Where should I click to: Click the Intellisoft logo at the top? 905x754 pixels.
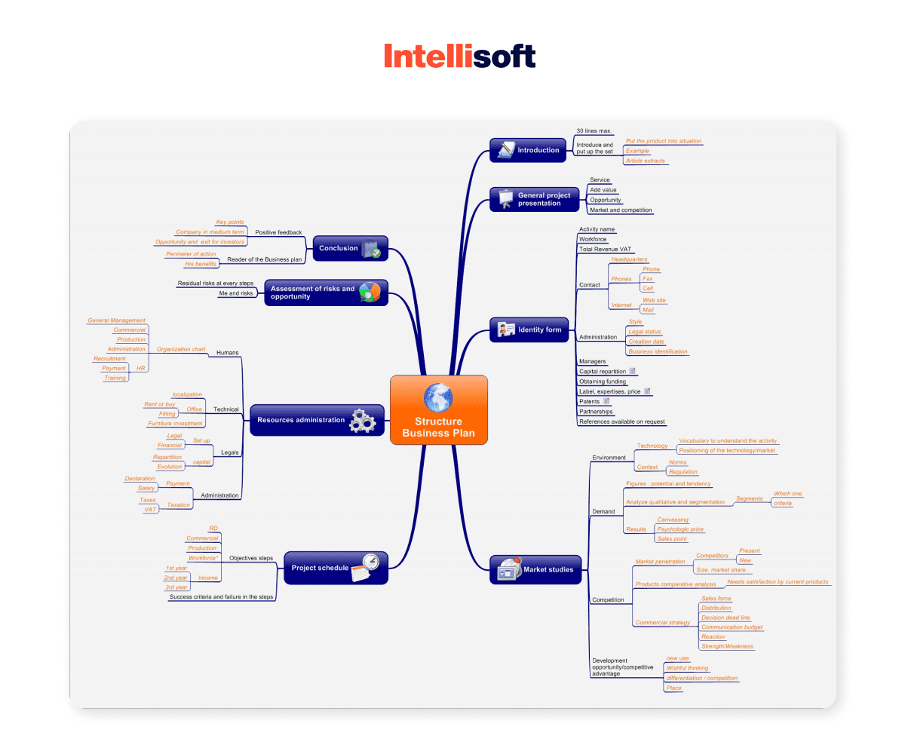[x=459, y=57]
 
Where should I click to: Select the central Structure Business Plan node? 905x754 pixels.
[x=439, y=410]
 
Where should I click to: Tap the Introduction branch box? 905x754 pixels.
[x=528, y=150]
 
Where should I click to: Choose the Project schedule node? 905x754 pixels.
[x=335, y=568]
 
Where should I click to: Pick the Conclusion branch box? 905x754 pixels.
[x=350, y=248]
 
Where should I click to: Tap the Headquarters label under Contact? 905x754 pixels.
[x=629, y=259]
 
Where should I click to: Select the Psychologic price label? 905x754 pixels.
[x=680, y=529]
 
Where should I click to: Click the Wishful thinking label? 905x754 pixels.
[x=687, y=668]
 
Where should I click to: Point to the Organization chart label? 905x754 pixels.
[x=181, y=349]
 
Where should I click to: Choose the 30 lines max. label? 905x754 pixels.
[x=594, y=131]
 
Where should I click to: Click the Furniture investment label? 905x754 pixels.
[x=175, y=424]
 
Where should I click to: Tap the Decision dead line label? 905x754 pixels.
[x=726, y=618]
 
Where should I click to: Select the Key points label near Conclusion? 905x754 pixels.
[x=230, y=222]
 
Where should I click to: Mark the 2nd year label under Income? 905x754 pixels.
[x=176, y=578]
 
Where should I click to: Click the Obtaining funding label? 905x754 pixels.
[x=603, y=382]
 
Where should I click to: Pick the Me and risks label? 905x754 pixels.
[x=236, y=293]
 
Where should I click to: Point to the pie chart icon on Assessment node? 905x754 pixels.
[x=370, y=292]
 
